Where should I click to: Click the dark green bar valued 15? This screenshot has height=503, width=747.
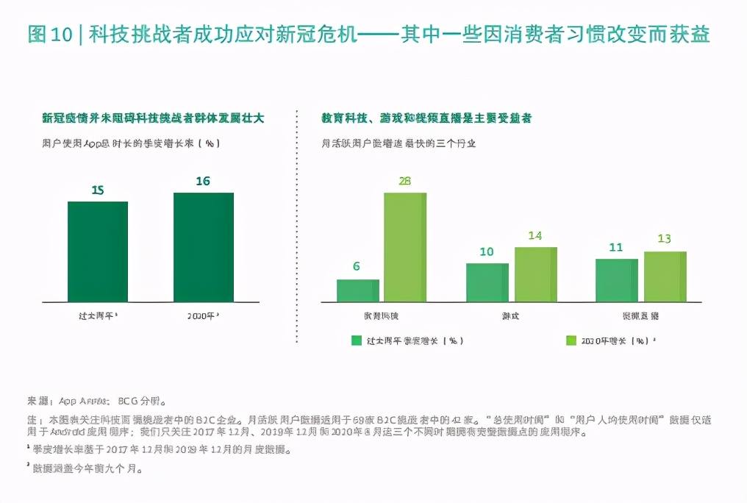pos(98,251)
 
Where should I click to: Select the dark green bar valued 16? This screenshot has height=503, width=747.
pos(204,246)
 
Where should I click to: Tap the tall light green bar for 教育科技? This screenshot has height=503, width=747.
pos(404,247)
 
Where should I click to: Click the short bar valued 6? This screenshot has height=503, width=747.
pos(358,290)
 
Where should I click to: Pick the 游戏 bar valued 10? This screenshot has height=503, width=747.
pos(487,282)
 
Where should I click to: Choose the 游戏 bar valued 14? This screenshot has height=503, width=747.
pos(535,274)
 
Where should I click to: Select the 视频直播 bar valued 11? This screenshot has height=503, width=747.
pos(616,280)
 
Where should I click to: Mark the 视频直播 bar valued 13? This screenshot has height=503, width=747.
pos(665,277)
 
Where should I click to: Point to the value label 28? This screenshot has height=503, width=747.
pos(404,181)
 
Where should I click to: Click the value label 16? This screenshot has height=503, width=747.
pos(203,181)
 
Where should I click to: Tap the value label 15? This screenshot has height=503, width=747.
pos(98,190)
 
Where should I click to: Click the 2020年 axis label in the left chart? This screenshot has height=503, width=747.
pos(203,315)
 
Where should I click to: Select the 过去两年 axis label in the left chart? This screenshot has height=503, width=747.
pos(98,315)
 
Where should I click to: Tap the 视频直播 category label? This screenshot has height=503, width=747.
pos(640,315)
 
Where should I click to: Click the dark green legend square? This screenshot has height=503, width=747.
pos(357,340)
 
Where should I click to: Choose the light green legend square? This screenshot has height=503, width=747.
pos(571,340)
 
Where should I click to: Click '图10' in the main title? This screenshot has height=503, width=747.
pos(49,35)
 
